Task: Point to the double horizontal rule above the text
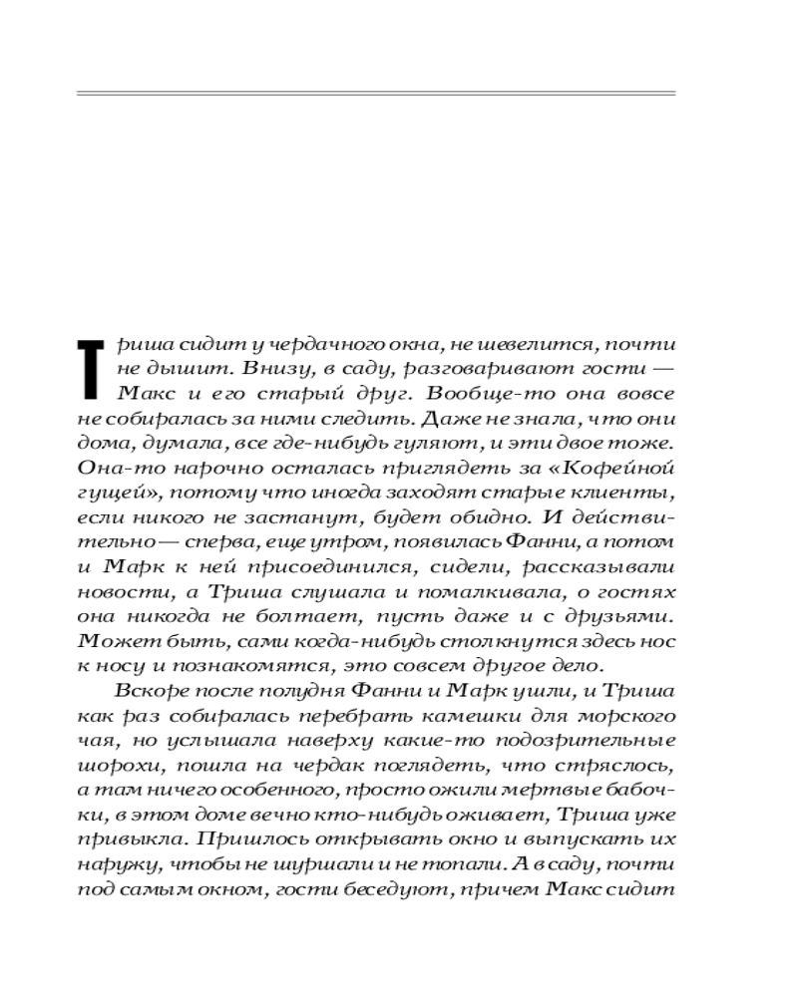click(376, 94)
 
